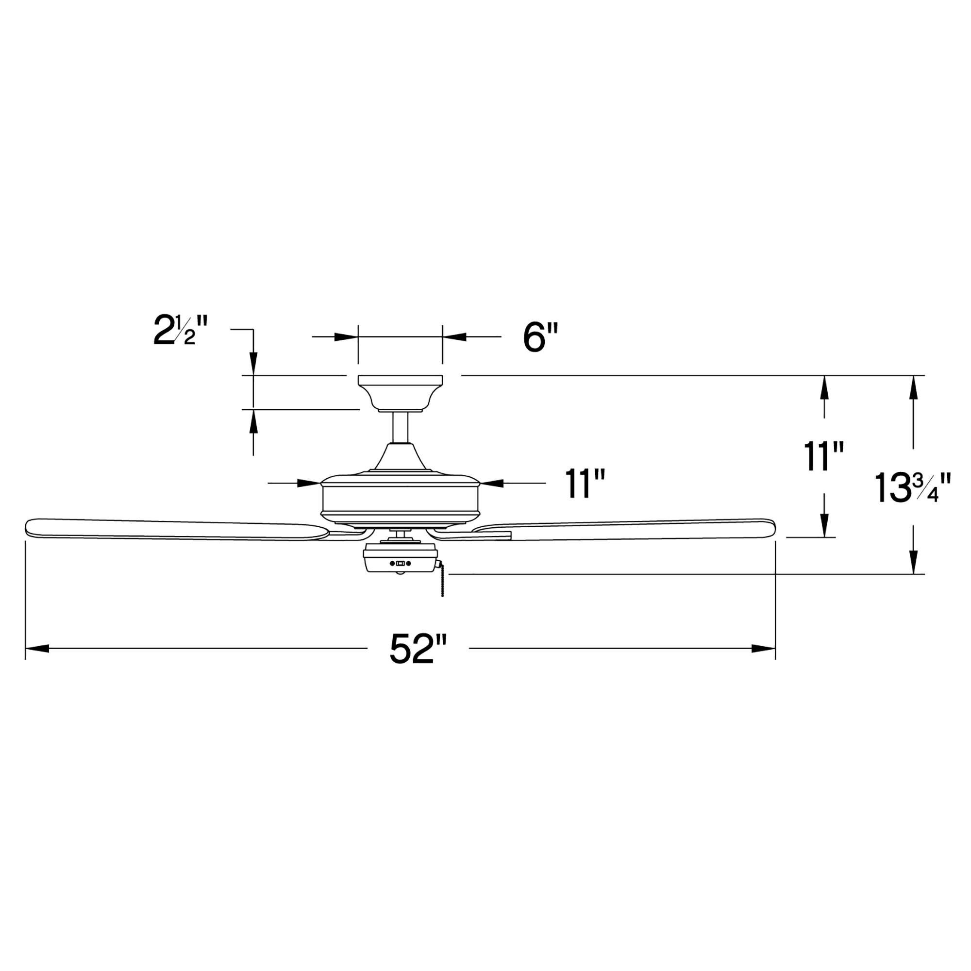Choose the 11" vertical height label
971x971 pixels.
(823, 457)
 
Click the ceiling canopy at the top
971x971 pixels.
(400, 392)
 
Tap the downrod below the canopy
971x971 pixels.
(400, 427)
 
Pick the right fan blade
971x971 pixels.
(628, 529)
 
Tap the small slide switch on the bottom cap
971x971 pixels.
(400, 563)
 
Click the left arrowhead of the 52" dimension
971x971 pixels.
(38, 649)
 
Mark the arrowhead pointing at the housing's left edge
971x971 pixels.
(309, 484)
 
